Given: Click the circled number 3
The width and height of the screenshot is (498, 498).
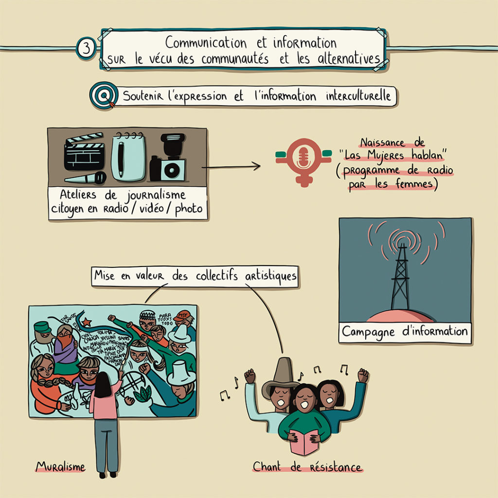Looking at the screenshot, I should click(86, 49).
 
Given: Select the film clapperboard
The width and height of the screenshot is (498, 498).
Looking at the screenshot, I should click(84, 152).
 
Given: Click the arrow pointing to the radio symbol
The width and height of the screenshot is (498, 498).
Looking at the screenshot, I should click(231, 167).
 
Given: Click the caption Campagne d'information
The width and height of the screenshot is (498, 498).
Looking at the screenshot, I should click(405, 332).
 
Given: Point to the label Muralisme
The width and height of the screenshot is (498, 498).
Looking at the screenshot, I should click(60, 467).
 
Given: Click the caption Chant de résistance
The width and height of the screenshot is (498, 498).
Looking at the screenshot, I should click(307, 467).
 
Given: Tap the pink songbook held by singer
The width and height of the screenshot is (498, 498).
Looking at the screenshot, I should click(304, 441).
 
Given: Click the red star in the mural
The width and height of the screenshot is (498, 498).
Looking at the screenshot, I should click(87, 322).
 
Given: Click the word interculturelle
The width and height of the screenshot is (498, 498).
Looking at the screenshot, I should click(358, 96).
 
